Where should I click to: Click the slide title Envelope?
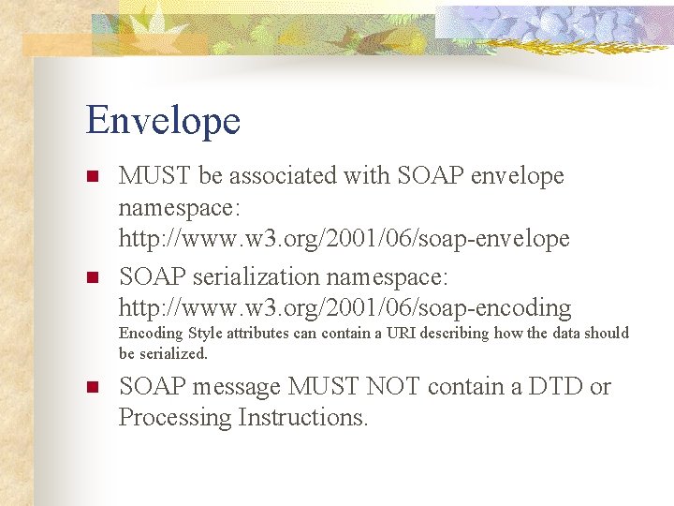(163, 121)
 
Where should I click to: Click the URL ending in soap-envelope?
(344, 239)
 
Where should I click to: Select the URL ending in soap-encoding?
(344, 307)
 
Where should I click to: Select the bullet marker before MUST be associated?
(92, 176)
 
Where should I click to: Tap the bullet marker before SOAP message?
(92, 387)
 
